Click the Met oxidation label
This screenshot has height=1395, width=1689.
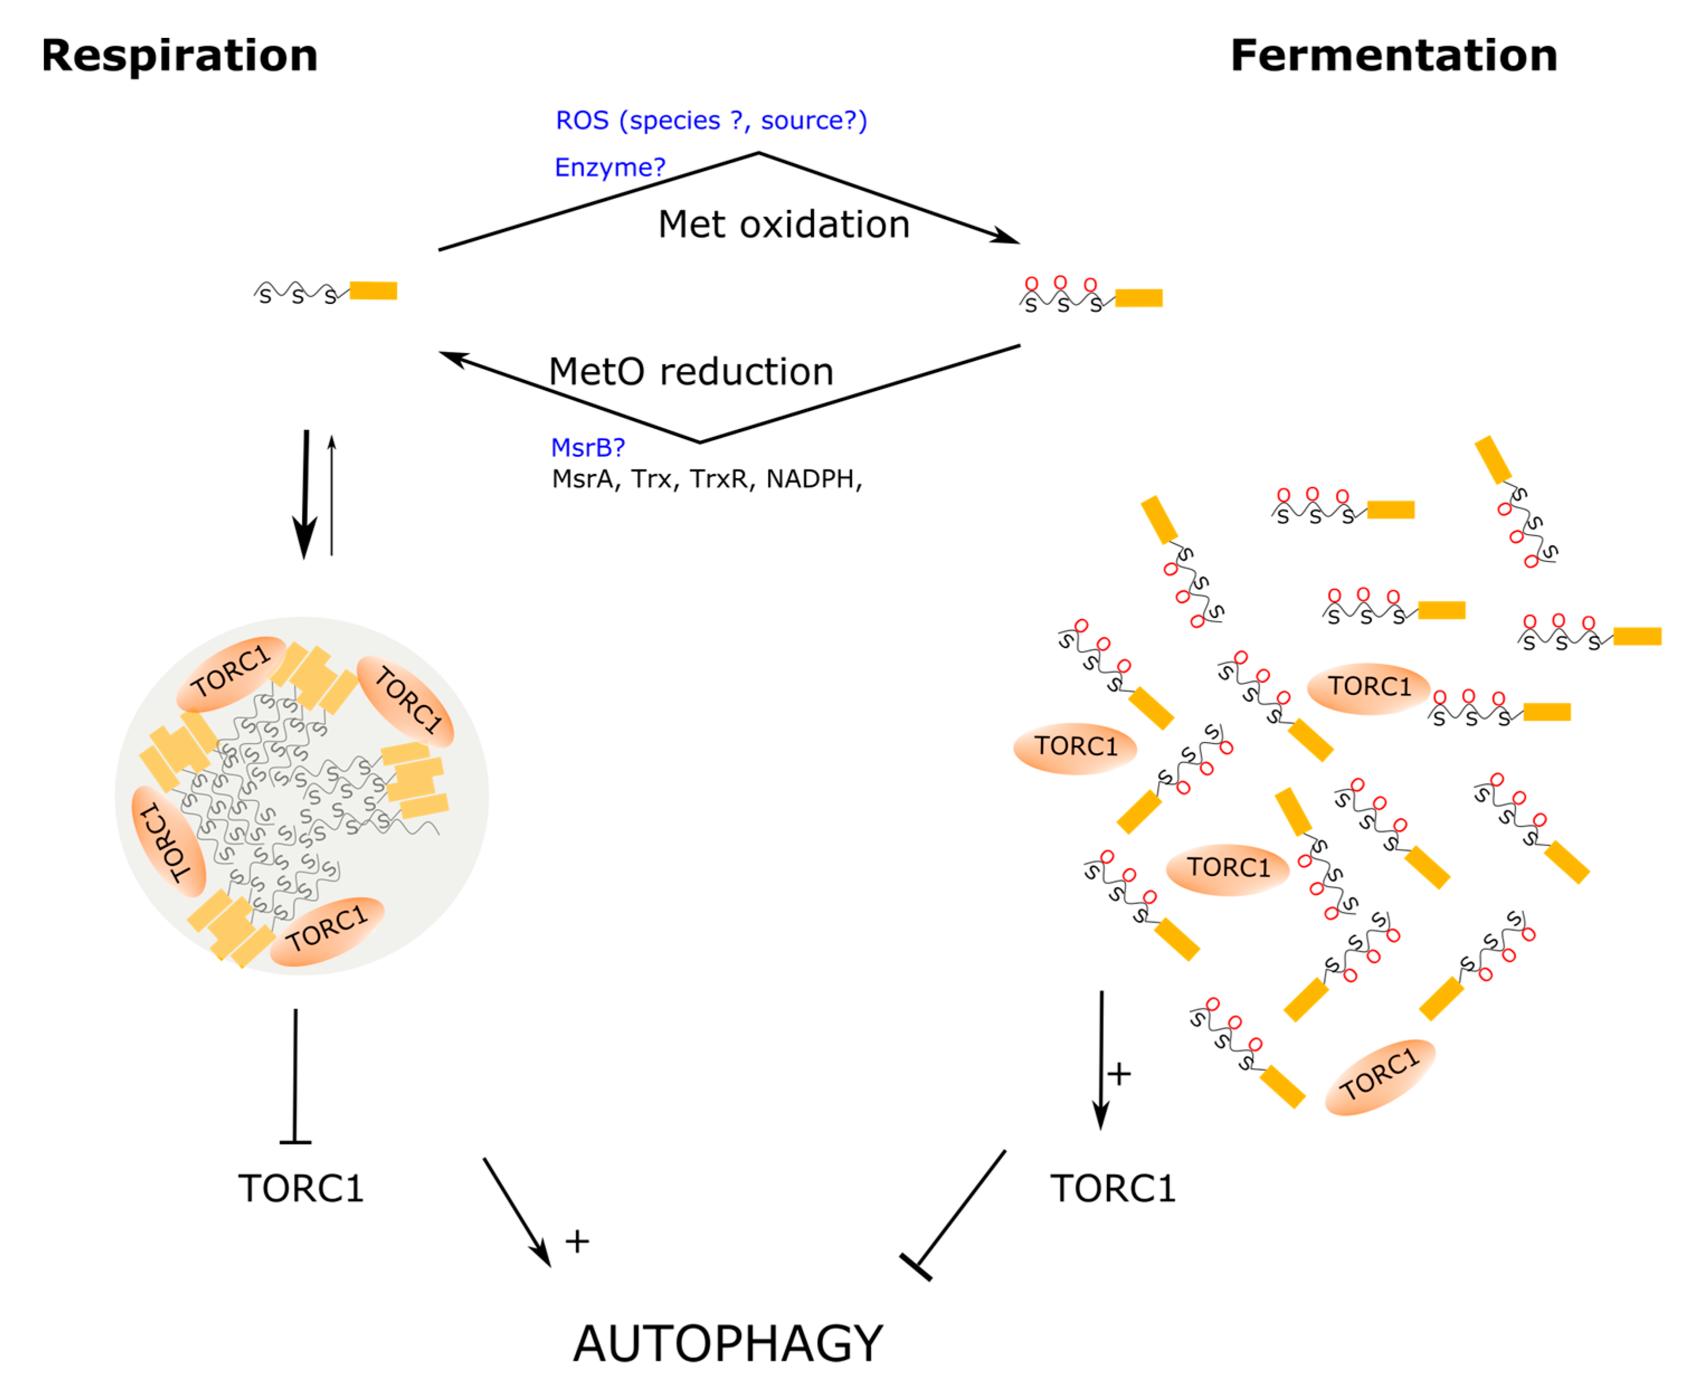coord(782,223)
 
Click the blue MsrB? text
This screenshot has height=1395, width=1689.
coord(587,447)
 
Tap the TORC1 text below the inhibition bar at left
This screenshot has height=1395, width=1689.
coord(301,1188)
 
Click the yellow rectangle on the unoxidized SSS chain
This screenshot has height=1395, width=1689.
coord(373,290)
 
